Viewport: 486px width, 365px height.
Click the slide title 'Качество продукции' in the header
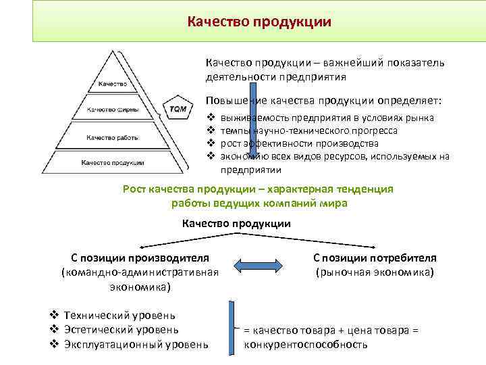[260, 22]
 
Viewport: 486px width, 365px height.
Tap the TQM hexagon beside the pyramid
[178, 109]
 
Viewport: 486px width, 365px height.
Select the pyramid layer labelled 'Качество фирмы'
[113, 109]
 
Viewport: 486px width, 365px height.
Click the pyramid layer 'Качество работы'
[113, 137]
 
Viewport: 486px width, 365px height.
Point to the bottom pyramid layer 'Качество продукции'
[113, 162]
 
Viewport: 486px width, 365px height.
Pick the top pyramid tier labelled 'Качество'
[113, 85]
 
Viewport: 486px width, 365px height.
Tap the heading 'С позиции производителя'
[140, 258]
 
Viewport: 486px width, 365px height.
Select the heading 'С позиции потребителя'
[375, 258]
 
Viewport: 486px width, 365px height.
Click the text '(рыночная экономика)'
[375, 272]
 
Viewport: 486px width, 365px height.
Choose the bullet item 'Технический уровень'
[119, 315]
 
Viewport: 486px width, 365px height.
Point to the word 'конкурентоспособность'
[306, 345]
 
